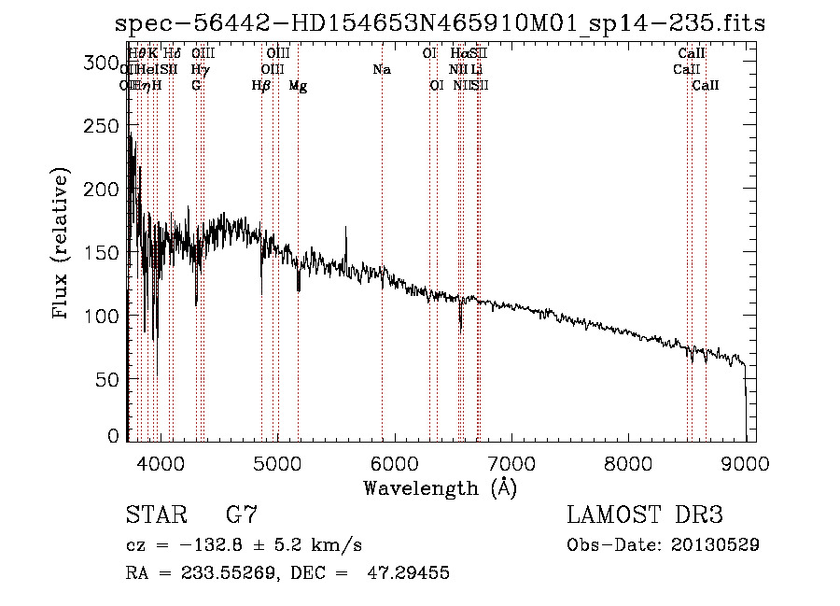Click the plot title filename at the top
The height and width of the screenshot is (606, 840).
coord(440,24)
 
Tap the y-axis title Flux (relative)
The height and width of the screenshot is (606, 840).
coord(62,245)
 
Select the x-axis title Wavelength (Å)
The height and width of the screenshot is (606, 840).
coord(440,487)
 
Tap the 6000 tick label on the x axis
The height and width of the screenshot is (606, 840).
coord(394,462)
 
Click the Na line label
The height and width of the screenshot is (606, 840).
coord(381,70)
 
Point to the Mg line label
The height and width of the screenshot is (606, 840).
coord(298,86)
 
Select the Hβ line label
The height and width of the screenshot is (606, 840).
coord(261,86)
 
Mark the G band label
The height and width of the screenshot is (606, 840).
coord(196,86)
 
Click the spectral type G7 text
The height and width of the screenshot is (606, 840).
coord(242,515)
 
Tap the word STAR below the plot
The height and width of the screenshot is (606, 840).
coord(155,515)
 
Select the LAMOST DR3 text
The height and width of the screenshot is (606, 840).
coord(645,515)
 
